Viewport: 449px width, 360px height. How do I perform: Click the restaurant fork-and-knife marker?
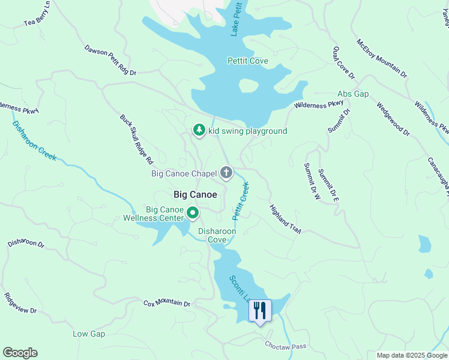(260, 311)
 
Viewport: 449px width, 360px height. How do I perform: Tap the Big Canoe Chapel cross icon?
(226, 173)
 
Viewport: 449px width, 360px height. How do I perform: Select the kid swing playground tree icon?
(199, 130)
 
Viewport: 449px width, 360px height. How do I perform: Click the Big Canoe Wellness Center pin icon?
(193, 213)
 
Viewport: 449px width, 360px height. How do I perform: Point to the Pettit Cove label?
(247, 61)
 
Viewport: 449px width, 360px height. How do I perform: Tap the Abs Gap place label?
(352, 94)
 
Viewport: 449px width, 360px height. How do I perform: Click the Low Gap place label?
(89, 334)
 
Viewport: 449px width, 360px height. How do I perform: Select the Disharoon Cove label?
(217, 235)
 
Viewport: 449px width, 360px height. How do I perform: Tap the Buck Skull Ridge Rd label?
(137, 140)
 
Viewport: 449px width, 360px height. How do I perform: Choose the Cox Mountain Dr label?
(166, 304)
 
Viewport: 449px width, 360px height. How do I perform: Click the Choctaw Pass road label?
(286, 346)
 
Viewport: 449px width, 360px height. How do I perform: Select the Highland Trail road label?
(285, 219)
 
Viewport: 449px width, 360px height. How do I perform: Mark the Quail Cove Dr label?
(344, 62)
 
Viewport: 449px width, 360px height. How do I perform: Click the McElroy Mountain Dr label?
(382, 59)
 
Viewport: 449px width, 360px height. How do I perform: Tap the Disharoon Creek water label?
(34, 140)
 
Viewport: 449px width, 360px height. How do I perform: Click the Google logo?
(20, 353)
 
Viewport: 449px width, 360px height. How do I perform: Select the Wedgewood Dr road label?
(393, 119)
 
